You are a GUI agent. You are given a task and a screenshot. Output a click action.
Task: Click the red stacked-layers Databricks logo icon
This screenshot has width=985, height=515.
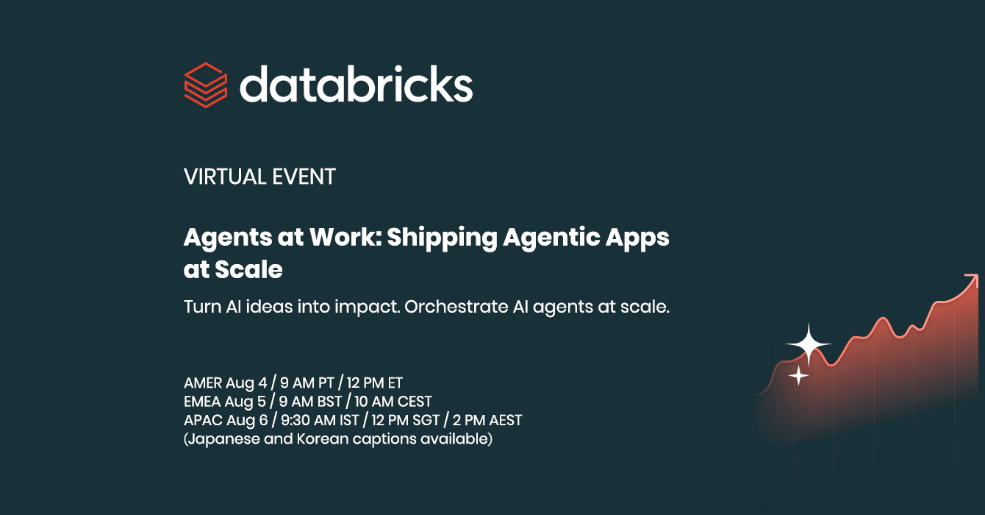pos(206,85)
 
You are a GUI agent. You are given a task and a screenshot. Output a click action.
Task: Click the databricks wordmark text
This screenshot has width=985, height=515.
pos(357,84)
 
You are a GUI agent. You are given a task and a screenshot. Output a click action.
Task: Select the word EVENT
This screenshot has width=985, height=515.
pos(304,177)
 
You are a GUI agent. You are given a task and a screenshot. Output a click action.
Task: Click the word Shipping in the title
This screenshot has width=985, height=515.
pos(442,238)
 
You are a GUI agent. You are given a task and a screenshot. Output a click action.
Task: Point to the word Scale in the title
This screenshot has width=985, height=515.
pos(248,269)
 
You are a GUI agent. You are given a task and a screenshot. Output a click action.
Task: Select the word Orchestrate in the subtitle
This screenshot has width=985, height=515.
pos(456,307)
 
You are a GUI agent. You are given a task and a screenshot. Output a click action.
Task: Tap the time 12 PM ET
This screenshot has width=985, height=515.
pos(375,383)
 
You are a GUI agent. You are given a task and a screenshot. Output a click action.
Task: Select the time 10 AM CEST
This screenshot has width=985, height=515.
pos(393,402)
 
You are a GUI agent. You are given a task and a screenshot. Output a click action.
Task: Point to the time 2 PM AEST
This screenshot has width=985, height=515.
pos(487,420)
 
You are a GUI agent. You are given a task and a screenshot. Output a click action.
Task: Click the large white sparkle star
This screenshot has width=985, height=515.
pos(809,344)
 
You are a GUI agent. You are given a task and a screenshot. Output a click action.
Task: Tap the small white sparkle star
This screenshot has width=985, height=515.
pos(798,376)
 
